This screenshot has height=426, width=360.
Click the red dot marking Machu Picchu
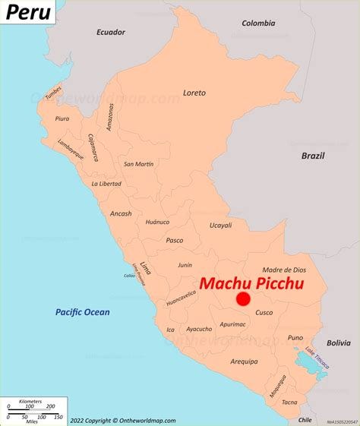(243, 299)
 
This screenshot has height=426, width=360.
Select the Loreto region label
(194, 93)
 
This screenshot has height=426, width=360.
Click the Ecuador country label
(110, 32)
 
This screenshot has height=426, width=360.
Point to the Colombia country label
(258, 23)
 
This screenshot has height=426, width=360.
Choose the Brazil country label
(312, 156)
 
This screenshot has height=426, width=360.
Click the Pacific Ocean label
(82, 312)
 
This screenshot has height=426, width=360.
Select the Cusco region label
(264, 313)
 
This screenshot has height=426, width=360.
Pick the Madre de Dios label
(284, 270)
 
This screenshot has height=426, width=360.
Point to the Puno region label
(295, 337)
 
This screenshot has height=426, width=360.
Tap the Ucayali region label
(220, 226)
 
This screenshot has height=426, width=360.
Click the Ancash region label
(120, 213)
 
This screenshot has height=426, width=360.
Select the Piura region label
(62, 118)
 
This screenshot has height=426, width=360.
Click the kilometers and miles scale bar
(33, 411)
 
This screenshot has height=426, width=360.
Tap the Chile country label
(305, 419)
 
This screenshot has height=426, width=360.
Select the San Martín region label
(139, 164)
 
